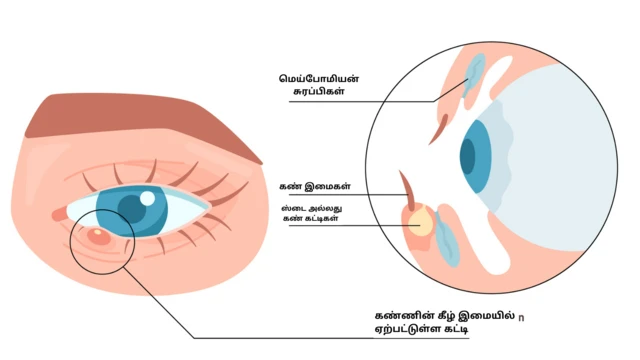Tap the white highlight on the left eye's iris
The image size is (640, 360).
pyautogui.click(x=147, y=198)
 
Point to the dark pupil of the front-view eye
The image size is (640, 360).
pyautogui.click(x=131, y=207)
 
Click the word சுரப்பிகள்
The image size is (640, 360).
pyautogui.click(x=307, y=91)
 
